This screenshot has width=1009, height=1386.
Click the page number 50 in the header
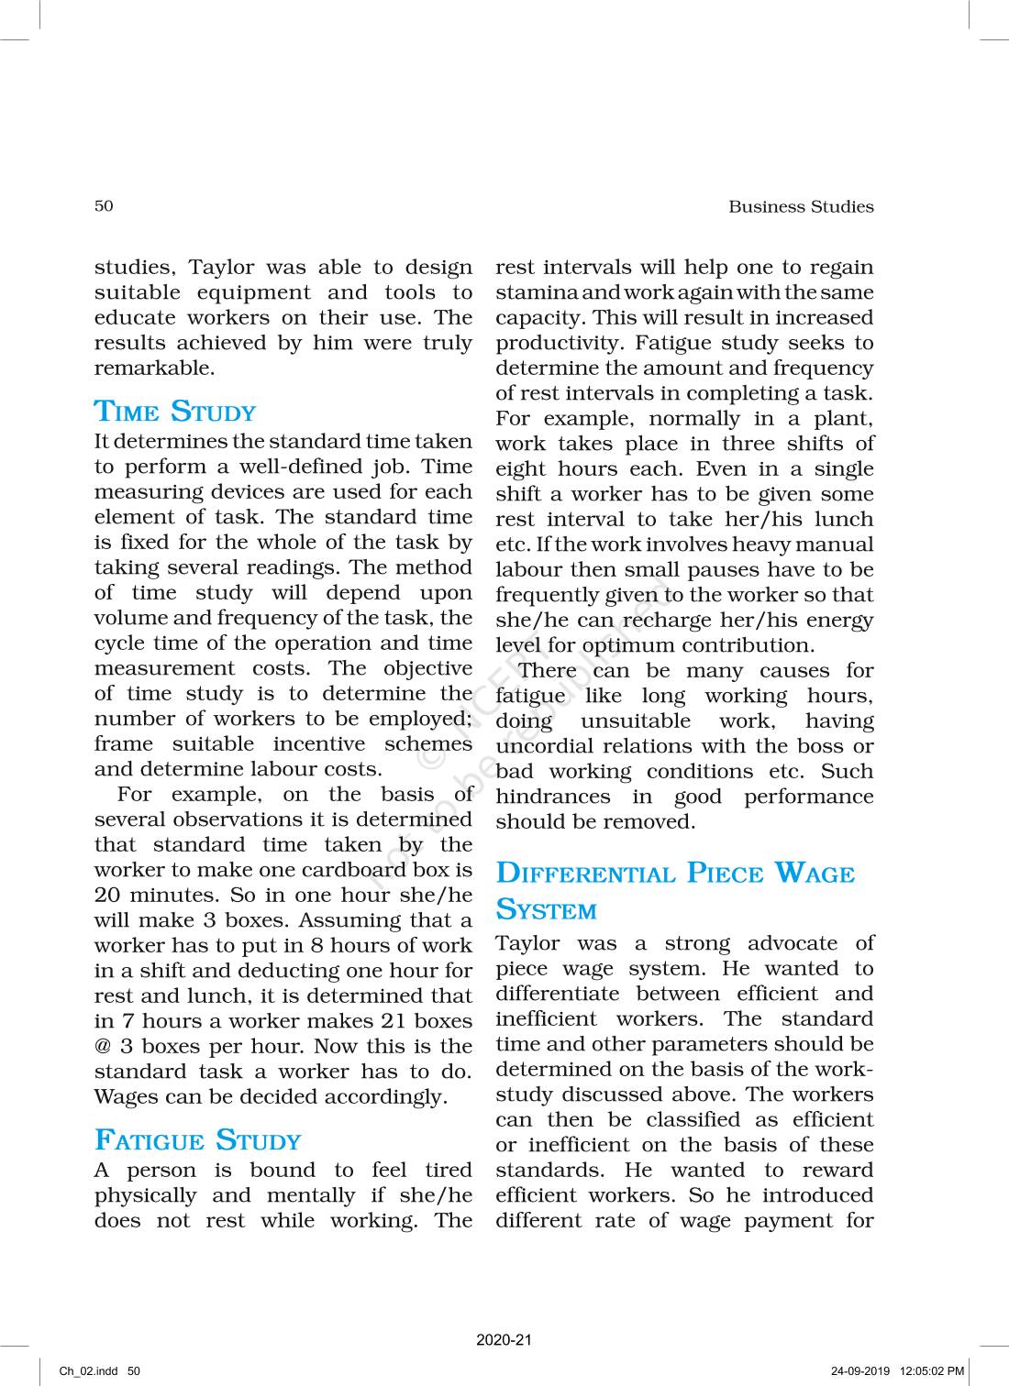[x=104, y=205]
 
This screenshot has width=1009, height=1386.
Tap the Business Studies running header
[x=801, y=207]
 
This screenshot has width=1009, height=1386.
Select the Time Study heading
[x=175, y=412]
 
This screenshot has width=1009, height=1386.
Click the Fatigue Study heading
[x=198, y=1140]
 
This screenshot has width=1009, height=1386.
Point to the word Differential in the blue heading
[x=585, y=873]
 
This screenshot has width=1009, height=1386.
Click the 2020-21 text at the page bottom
[x=504, y=1339]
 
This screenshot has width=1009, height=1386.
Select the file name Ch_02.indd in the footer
[x=88, y=1371]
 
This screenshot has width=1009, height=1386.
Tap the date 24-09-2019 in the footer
[x=859, y=1371]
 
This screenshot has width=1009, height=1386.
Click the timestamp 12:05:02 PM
[x=932, y=1371]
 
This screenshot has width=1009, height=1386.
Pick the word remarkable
[x=153, y=368]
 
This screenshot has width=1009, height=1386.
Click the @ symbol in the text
[x=102, y=1047]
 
